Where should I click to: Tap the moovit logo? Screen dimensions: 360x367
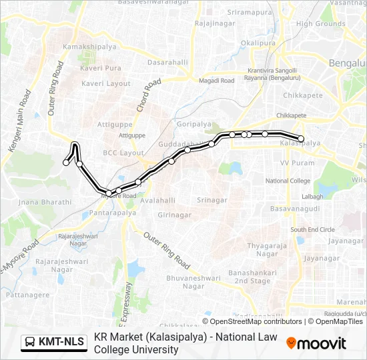(316, 343)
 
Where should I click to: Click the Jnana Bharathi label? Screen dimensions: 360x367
(45, 201)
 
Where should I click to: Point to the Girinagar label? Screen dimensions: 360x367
(175, 215)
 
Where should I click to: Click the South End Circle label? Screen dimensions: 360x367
(312, 230)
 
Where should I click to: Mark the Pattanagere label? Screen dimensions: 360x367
(23, 293)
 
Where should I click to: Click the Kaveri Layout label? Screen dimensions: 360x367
(106, 84)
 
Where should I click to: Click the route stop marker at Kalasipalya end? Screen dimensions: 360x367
(301, 139)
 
